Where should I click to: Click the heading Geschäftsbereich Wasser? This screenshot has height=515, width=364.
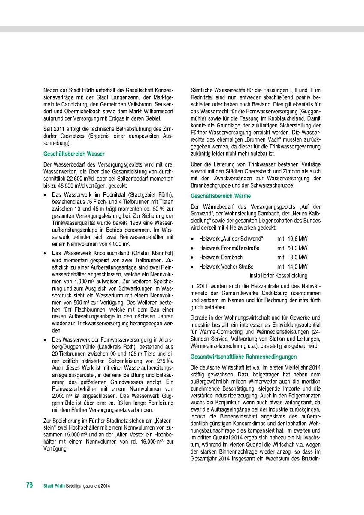[74, 154]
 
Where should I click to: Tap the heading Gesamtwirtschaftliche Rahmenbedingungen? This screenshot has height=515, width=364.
[243, 357]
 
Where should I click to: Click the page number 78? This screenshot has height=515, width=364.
[30, 485]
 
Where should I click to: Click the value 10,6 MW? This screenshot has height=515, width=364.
[298, 239]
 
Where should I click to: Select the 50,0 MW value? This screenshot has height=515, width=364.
[298, 248]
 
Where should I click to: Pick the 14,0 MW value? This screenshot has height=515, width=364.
[298, 267]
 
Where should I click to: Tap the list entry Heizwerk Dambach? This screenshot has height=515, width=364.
[221, 257]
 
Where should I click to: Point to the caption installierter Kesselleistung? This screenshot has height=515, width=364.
[278, 276]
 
